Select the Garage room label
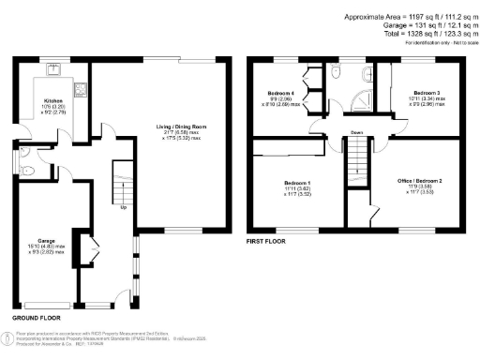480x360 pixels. [x=45, y=239]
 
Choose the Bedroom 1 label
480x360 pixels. [x=297, y=183]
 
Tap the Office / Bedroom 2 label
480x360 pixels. [x=419, y=183]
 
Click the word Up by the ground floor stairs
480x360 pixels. [x=124, y=207]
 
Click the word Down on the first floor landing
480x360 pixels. [x=357, y=132]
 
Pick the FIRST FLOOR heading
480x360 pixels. [x=266, y=241]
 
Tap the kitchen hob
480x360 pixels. [x=82, y=90]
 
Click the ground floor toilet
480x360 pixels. [x=28, y=170]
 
